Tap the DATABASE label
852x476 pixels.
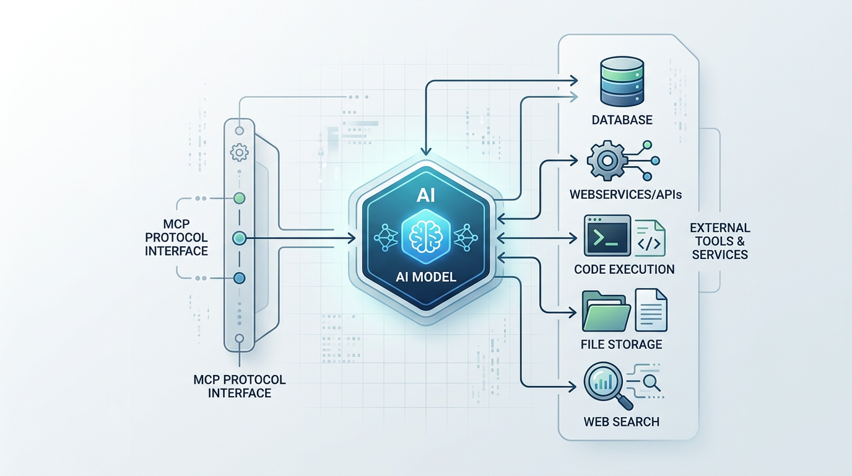pyautogui.click(x=622, y=119)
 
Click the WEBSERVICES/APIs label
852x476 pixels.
pyautogui.click(x=626, y=195)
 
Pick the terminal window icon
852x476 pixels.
pyautogui.click(x=607, y=236)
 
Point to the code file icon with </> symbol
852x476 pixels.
pyautogui.click(x=650, y=237)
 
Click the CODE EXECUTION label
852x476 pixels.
pyautogui.click(x=624, y=269)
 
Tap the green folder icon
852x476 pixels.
pyautogui.click(x=606, y=311)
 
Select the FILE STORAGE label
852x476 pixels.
pyautogui.click(x=622, y=344)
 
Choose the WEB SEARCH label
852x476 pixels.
pyautogui.click(x=621, y=421)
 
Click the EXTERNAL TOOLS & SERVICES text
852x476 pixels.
pyautogui.click(x=720, y=241)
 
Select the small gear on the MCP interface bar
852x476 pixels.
pyautogui.click(x=239, y=151)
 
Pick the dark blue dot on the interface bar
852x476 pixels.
pyautogui.click(x=240, y=278)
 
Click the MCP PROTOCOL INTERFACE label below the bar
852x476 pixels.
pyautogui.click(x=240, y=386)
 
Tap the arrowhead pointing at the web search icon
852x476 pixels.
pyautogui.click(x=573, y=389)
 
